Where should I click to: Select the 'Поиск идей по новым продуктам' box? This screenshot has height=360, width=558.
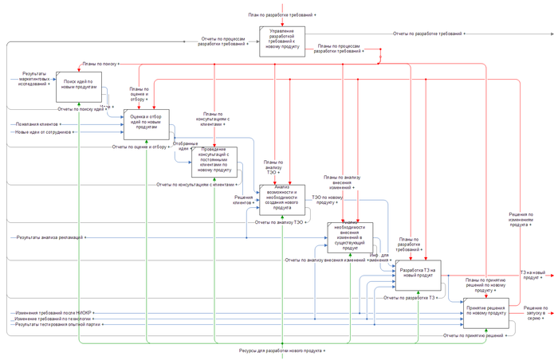click(x=78, y=84)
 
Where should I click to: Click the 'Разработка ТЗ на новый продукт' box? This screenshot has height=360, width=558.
click(x=417, y=274)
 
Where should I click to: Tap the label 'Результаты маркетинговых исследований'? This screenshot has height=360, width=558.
click(x=38, y=77)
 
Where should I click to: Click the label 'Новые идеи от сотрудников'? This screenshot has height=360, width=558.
click(x=48, y=132)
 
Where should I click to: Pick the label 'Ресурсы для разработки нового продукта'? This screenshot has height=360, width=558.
click(x=282, y=350)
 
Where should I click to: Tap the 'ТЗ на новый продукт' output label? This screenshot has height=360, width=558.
click(x=538, y=275)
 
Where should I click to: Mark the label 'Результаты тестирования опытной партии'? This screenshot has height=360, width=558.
click(x=57, y=324)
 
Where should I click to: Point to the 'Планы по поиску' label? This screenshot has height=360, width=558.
click(x=98, y=62)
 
